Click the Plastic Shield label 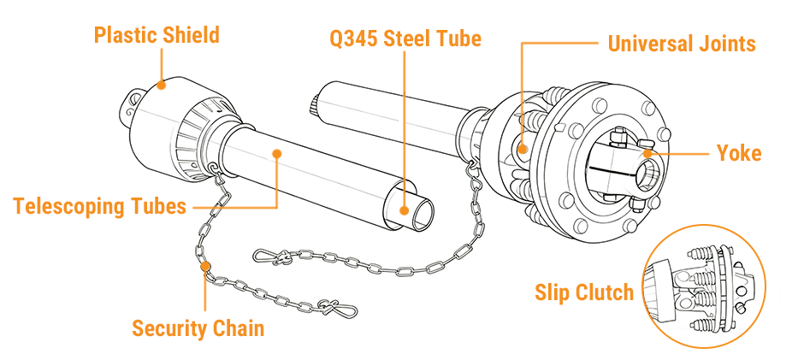[157, 35]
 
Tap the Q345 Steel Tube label [405, 38]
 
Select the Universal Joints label [682, 43]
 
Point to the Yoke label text [739, 153]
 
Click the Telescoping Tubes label [99, 206]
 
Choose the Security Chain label [198, 328]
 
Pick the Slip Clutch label [584, 292]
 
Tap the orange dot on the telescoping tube [277, 154]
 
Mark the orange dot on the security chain [205, 268]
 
